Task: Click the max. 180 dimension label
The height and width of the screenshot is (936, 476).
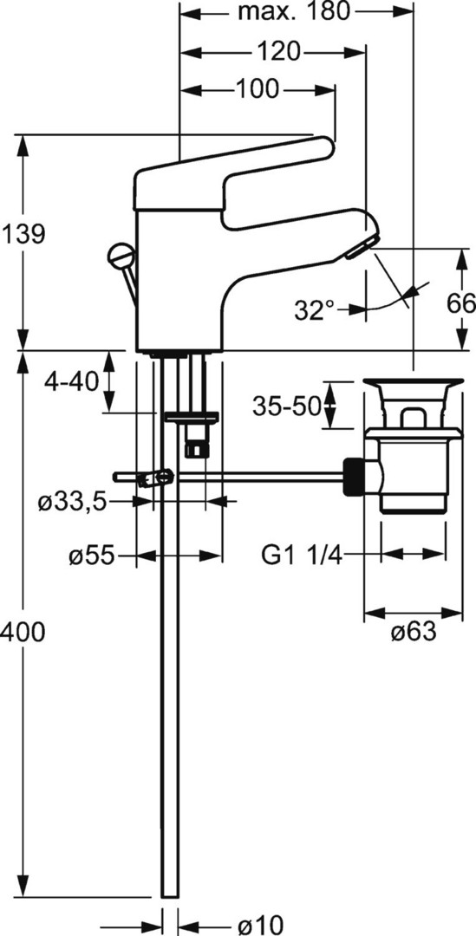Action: point(293,11)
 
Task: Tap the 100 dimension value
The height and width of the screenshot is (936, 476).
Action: point(258,89)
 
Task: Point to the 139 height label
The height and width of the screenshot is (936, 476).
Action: point(23,234)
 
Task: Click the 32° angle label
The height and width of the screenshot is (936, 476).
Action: point(315,310)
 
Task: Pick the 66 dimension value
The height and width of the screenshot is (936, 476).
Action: point(461,304)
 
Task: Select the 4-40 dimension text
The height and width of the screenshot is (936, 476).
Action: point(72,381)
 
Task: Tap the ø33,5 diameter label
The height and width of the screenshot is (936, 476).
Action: point(72,503)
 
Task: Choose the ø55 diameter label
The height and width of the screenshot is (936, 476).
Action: point(91,556)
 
